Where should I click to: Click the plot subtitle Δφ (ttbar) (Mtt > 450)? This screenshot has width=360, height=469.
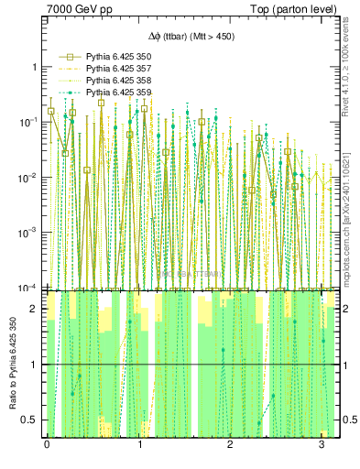tap(191, 38)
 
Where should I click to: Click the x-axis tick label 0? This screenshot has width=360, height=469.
tap(47, 445)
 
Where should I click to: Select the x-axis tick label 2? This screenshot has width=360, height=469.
tap(230, 445)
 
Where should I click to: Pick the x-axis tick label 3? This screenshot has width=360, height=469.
tap(322, 445)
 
